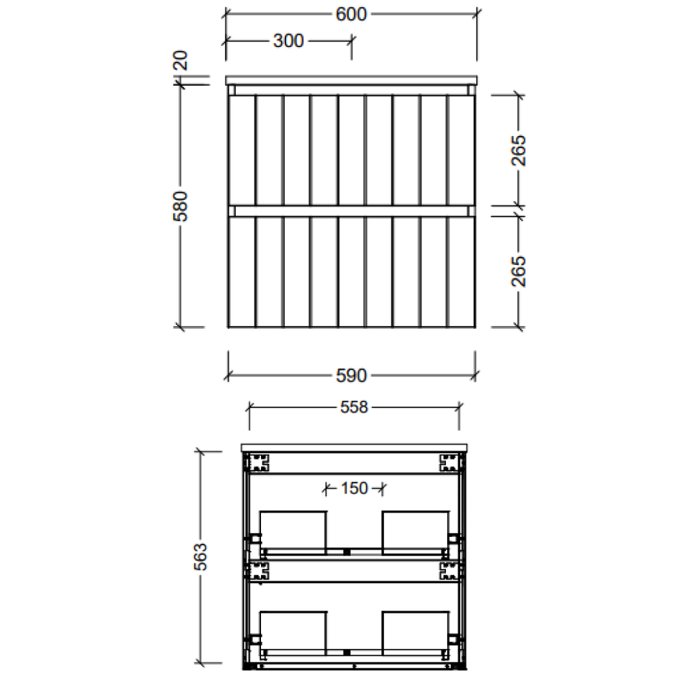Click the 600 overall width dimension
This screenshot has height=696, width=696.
[351, 14]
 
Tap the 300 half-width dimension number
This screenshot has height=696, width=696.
[288, 41]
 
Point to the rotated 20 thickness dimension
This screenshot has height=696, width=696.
[181, 63]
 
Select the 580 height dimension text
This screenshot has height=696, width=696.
[181, 206]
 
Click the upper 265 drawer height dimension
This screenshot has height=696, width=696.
[519, 151]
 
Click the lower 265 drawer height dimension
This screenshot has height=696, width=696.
[519, 271]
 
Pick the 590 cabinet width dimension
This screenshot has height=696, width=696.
[351, 375]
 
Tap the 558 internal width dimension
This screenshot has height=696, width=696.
[353, 407]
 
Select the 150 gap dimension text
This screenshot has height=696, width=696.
[354, 487]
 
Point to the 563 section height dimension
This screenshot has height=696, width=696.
[200, 557]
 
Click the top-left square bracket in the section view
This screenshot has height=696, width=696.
[259, 463]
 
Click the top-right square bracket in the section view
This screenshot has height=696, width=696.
[449, 463]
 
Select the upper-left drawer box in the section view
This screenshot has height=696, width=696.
[294, 530]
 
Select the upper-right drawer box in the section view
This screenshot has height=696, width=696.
[415, 530]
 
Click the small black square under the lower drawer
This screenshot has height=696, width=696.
[347, 652]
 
